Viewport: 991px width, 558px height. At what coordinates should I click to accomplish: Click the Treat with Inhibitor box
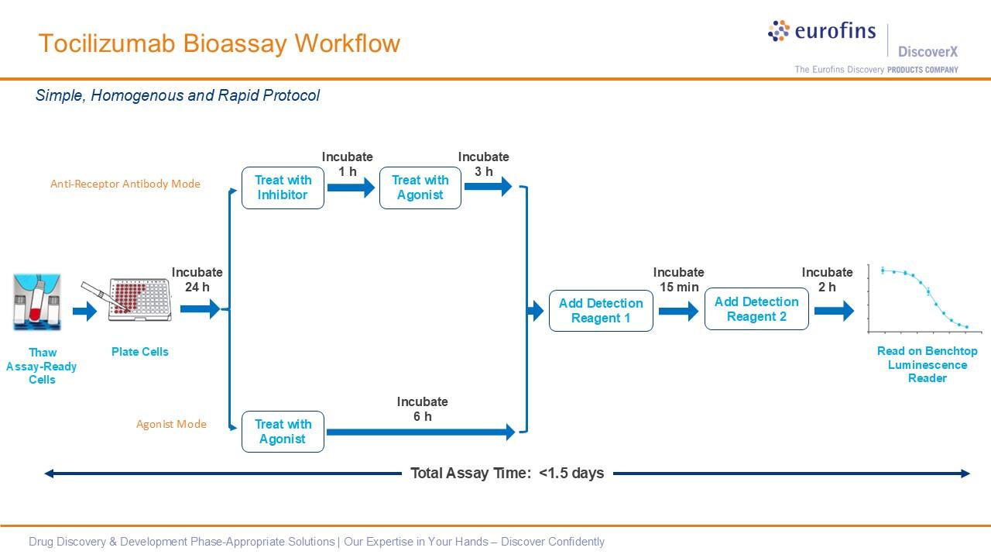pos(283,188)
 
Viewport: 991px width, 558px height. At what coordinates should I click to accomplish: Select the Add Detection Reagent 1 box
pos(601,311)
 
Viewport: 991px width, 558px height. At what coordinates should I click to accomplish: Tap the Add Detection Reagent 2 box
pos(756,309)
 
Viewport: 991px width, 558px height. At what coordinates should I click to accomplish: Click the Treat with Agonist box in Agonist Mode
pos(283,432)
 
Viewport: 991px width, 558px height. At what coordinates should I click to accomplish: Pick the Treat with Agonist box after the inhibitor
pos(420,188)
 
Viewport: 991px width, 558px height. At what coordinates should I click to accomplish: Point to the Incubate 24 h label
pos(197,280)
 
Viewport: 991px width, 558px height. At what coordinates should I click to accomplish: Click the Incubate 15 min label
pos(678,280)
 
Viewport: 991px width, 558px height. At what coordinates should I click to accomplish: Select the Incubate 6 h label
pos(422,409)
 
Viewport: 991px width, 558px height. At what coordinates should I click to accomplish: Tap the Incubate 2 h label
pos(827,280)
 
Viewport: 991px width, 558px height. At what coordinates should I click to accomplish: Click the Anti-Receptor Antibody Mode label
pos(125,184)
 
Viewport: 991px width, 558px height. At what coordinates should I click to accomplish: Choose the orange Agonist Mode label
pos(171,424)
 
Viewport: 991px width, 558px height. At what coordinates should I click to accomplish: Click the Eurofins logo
pos(822,32)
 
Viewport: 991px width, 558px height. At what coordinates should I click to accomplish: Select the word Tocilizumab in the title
pos(108,43)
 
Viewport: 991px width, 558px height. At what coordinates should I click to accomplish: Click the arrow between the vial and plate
pos(85,312)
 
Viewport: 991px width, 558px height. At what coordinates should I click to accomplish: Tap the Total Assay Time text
pos(507,473)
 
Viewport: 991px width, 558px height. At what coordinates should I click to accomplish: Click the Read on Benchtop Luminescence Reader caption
pos(927,364)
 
